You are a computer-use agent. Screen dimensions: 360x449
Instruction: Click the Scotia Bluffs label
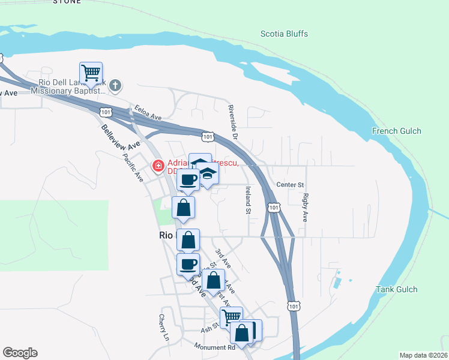[x=284, y=34]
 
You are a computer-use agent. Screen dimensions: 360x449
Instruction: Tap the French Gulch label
[x=396, y=131]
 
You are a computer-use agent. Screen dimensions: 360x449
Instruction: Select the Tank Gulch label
[x=396, y=289]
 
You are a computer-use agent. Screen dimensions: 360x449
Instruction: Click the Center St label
[x=291, y=185]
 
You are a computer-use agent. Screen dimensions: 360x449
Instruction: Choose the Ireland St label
[x=247, y=199]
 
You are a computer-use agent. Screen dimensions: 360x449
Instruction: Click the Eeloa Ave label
[x=149, y=112]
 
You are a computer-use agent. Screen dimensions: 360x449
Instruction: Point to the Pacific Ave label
[x=133, y=168]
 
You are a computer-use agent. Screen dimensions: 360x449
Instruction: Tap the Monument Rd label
[x=214, y=347]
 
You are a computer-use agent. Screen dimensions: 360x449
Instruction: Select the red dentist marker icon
[x=158, y=166]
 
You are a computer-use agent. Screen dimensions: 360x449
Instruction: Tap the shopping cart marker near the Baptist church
[x=91, y=73]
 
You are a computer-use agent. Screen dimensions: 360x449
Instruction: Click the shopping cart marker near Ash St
[x=231, y=316]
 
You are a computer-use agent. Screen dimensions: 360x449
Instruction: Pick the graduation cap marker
[x=208, y=174]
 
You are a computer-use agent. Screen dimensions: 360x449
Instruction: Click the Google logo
[x=20, y=353]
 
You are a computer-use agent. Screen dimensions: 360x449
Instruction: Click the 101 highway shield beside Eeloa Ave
[x=106, y=112]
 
